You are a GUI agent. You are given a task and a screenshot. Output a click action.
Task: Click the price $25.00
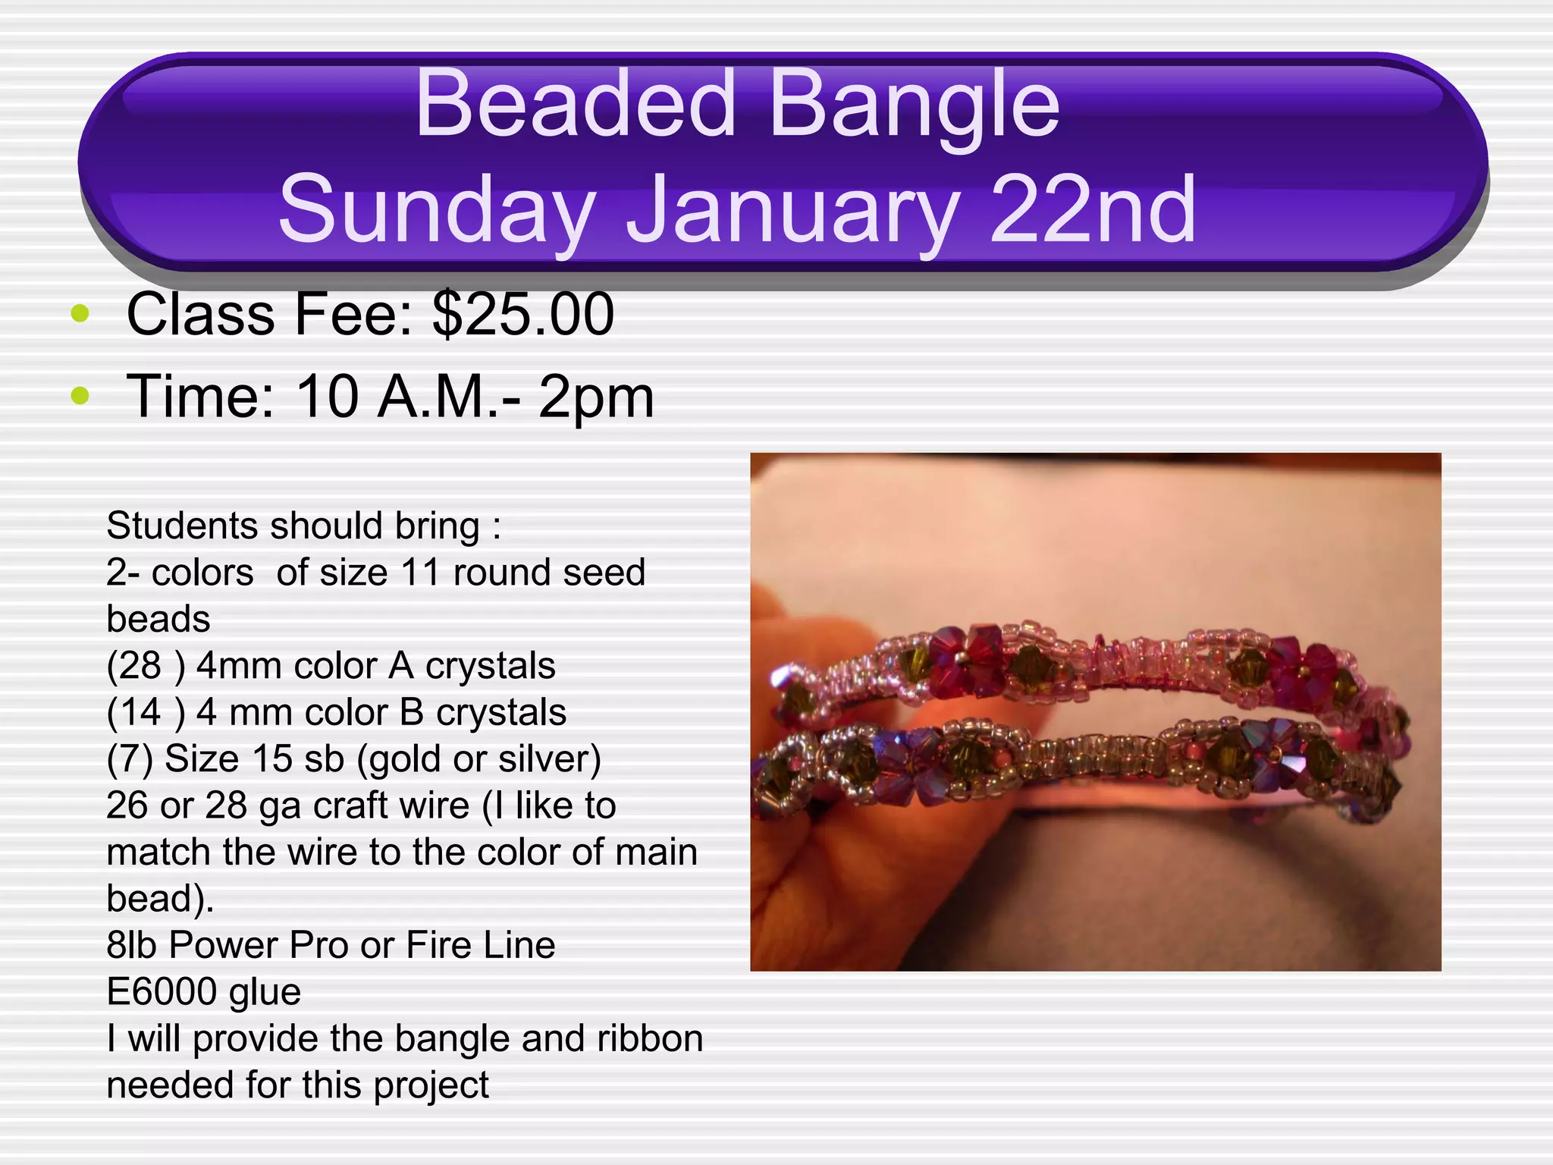(x=523, y=314)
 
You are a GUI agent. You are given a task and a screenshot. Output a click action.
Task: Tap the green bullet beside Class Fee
(x=80, y=313)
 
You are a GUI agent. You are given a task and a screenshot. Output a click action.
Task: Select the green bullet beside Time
(x=80, y=395)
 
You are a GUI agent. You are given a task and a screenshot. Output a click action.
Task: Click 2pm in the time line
(x=596, y=397)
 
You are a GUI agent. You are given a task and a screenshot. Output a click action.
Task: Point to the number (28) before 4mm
(x=146, y=666)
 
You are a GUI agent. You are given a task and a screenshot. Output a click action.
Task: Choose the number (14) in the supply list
(x=146, y=712)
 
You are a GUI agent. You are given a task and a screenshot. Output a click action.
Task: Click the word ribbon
(x=650, y=1038)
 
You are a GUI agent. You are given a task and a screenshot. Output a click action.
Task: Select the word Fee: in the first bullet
(x=353, y=314)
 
